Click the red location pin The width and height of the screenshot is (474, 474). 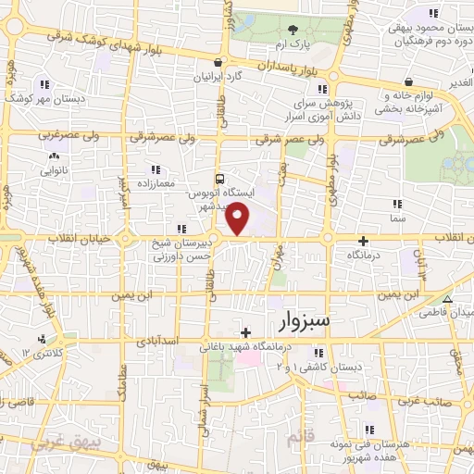click(x=239, y=218)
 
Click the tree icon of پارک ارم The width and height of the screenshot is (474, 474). click(x=293, y=31)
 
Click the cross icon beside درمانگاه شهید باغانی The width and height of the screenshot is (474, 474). click(x=245, y=332)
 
